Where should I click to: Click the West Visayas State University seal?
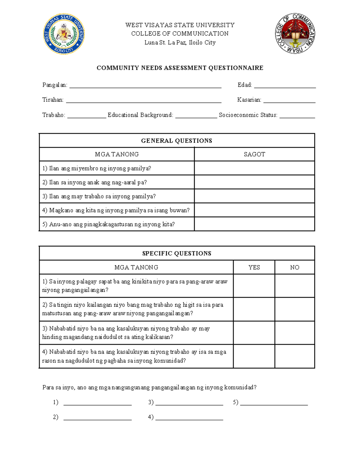pyautogui.click(x=64, y=34)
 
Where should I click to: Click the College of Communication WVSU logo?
pyautogui.click(x=295, y=34)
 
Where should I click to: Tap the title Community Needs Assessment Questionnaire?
pyautogui.click(x=180, y=68)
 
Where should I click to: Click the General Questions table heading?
pyautogui.click(x=177, y=140)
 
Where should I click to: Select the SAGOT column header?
pyautogui.click(x=254, y=154)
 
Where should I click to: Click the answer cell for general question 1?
pyautogui.click(x=254, y=168)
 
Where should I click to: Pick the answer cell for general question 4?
pyautogui.click(x=254, y=210)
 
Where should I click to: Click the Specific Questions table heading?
pyautogui.click(x=177, y=253)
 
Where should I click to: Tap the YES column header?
pyautogui.click(x=254, y=267)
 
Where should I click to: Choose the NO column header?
pyautogui.click(x=295, y=267)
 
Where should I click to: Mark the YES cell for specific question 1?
pyautogui.click(x=254, y=286)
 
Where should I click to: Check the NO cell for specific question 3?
pyautogui.click(x=295, y=333)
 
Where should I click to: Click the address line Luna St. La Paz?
pyautogui.click(x=180, y=43)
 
